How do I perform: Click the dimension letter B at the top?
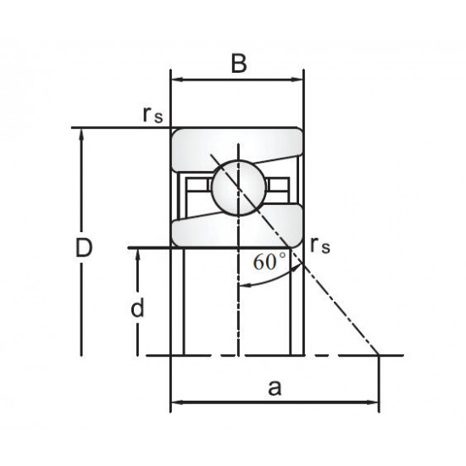click(239, 64)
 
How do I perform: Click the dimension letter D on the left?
click(84, 247)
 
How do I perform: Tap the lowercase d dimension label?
click(137, 308)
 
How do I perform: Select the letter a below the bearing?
click(275, 388)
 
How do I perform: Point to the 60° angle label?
click(269, 261)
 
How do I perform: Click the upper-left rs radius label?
click(153, 115)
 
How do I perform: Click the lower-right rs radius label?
click(319, 246)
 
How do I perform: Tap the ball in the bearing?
click(238, 187)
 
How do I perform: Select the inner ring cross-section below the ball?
click(238, 229)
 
